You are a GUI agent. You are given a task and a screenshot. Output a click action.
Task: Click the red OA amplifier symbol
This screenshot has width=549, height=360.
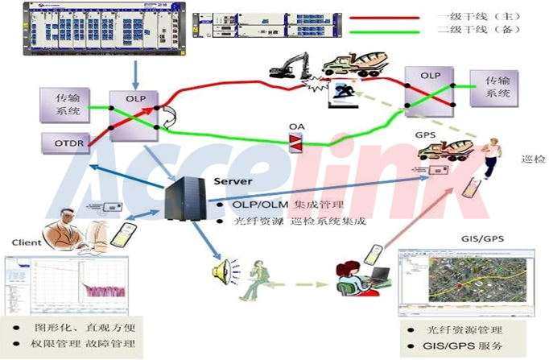coord(296,144)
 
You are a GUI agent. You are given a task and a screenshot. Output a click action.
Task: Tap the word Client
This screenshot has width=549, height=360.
coord(27,242)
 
